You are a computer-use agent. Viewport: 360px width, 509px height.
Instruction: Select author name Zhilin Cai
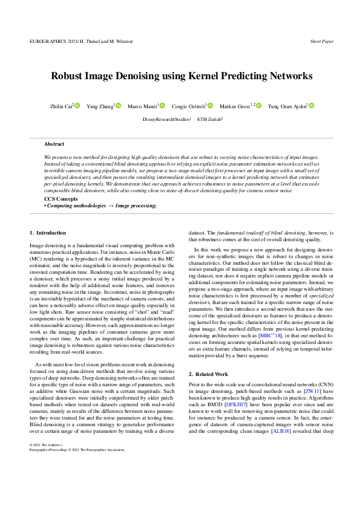pos(61,106)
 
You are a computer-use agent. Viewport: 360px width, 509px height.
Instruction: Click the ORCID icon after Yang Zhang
pos(119,106)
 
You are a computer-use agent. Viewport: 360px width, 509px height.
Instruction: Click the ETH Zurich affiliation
pos(209,119)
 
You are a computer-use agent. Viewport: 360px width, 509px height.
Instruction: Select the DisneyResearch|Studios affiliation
pos(166,119)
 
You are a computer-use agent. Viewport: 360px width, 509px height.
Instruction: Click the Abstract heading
pos(54,144)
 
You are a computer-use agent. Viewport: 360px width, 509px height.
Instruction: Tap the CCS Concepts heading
pos(61,199)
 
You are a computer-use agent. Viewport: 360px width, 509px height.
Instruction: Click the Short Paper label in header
pos(321,42)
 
